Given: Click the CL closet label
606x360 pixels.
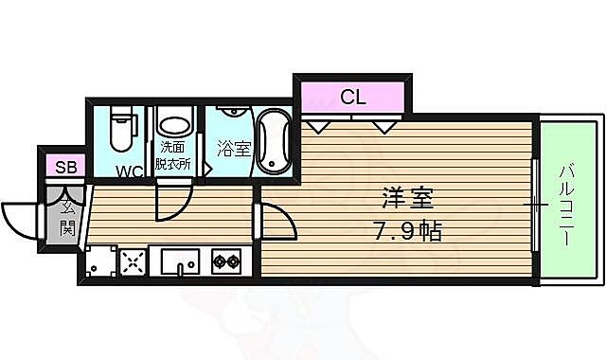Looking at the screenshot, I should [x=352, y=96].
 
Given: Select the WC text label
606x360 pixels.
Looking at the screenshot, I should [x=130, y=171].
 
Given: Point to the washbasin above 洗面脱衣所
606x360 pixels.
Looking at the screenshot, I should [x=173, y=123].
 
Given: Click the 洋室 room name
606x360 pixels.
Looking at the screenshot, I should [x=408, y=200].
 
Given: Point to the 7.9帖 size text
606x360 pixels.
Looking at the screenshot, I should [x=408, y=229].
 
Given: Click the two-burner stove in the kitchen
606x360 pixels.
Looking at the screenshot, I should [x=225, y=261].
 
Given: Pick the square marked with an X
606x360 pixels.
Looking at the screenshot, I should [x=132, y=260].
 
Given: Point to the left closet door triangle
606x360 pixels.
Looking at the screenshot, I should [x=317, y=125].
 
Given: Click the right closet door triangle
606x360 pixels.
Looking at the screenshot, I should [x=384, y=125].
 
